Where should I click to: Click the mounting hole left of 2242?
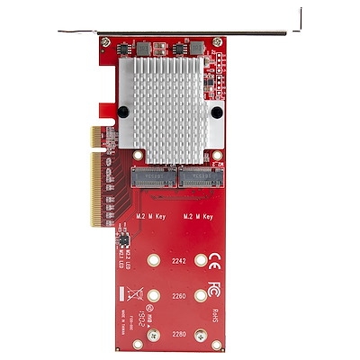(153, 261)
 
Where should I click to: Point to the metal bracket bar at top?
(180, 33)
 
